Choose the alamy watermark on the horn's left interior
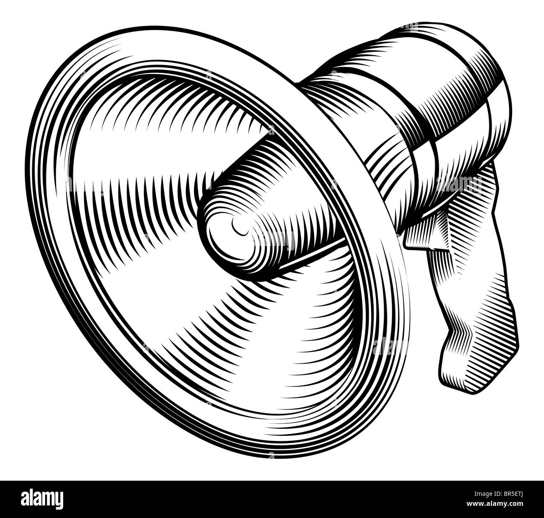[x=84, y=184]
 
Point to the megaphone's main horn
[x=167, y=251]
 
